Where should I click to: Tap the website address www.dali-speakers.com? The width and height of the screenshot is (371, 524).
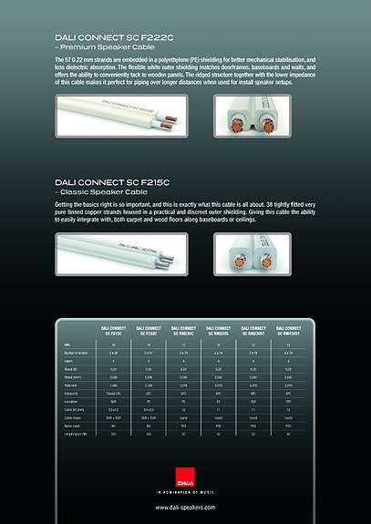click(x=185, y=507)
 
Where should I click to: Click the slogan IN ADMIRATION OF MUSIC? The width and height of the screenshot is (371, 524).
click(x=185, y=491)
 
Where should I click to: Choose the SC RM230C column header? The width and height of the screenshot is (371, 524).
click(x=184, y=329)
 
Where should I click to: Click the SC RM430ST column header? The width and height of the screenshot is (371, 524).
click(x=294, y=329)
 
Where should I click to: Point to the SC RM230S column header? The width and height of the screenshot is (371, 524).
click(x=221, y=329)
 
